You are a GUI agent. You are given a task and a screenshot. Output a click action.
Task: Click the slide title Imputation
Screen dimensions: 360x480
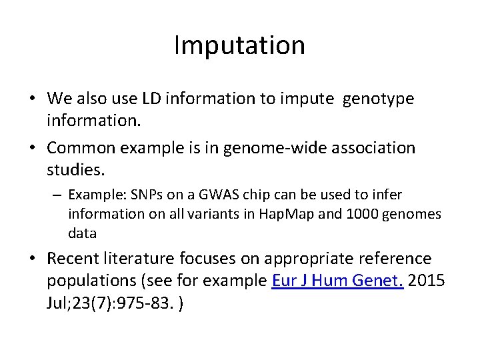(239, 45)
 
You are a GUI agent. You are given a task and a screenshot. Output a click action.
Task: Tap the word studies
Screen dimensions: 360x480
(76, 170)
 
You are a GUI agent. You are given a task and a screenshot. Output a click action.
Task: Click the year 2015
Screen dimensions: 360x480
(427, 281)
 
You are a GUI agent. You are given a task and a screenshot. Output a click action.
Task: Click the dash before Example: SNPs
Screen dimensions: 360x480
(58, 195)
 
